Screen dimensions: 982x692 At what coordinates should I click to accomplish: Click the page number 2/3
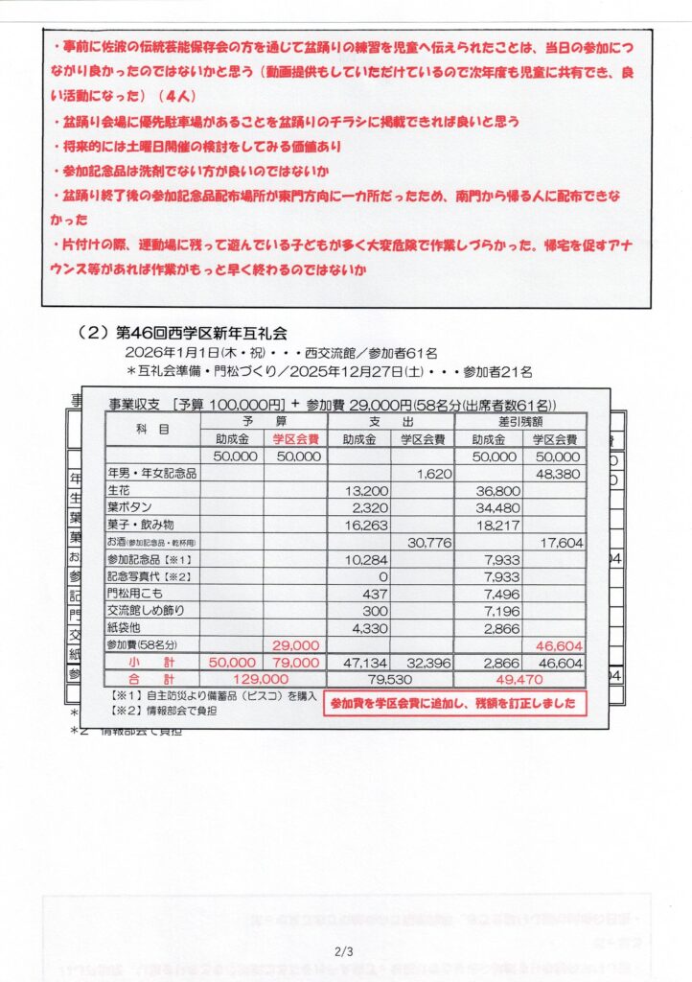pos(345,952)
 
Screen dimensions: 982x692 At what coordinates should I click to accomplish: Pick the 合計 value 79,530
pos(392,679)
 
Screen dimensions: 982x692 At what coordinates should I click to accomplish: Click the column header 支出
pos(391,421)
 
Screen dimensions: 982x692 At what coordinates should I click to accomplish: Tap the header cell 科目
pos(152,430)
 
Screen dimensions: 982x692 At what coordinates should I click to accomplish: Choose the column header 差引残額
pos(519,421)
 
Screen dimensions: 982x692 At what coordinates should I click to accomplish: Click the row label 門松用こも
pos(137,593)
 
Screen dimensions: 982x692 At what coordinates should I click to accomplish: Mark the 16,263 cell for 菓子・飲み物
pos(360,525)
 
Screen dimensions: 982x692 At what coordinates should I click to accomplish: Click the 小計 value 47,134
pos(360,662)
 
